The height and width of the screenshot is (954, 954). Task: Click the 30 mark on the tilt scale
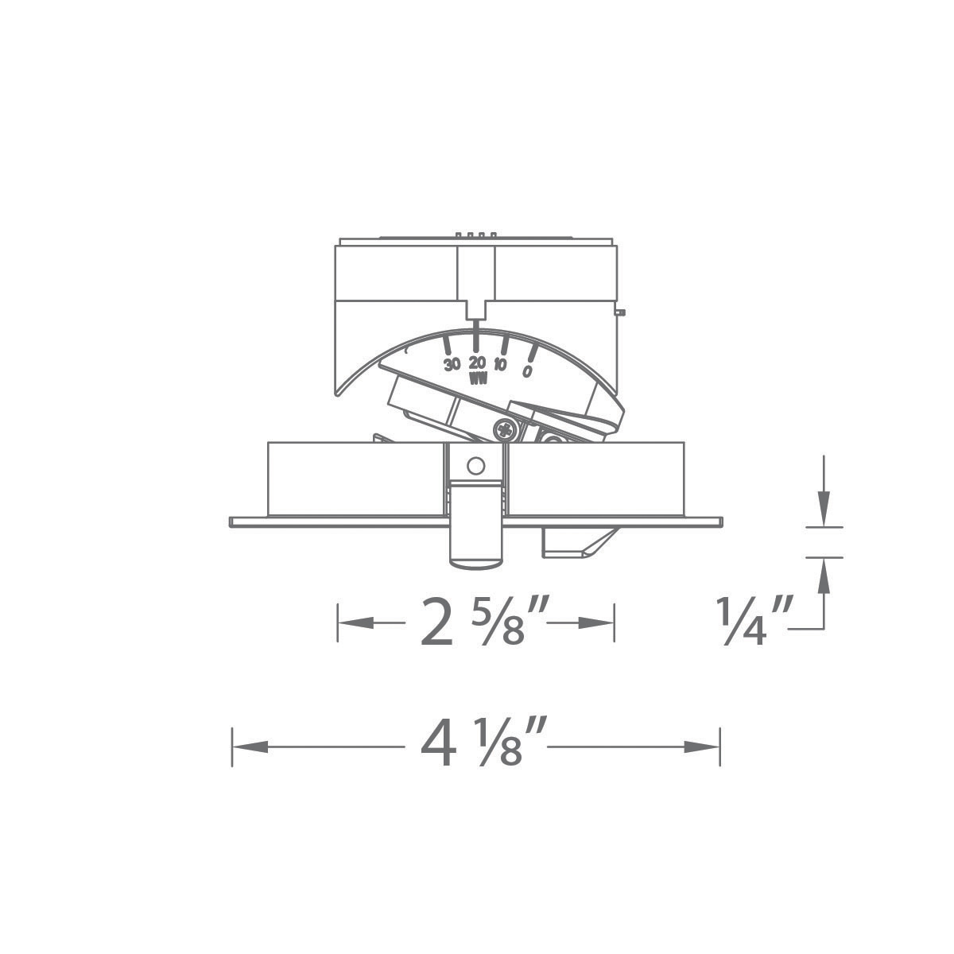click(x=452, y=365)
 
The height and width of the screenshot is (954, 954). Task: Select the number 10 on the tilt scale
click(x=500, y=366)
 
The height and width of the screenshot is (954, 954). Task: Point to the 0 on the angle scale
click(x=527, y=370)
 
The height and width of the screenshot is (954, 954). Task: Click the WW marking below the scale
click(x=478, y=379)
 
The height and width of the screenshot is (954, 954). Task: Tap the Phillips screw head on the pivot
click(x=505, y=430)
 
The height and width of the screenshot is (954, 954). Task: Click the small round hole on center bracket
click(x=475, y=466)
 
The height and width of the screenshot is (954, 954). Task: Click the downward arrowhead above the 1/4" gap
click(x=824, y=508)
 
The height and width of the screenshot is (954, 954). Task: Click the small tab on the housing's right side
click(x=620, y=312)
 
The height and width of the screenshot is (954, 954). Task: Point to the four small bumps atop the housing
click(x=475, y=235)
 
